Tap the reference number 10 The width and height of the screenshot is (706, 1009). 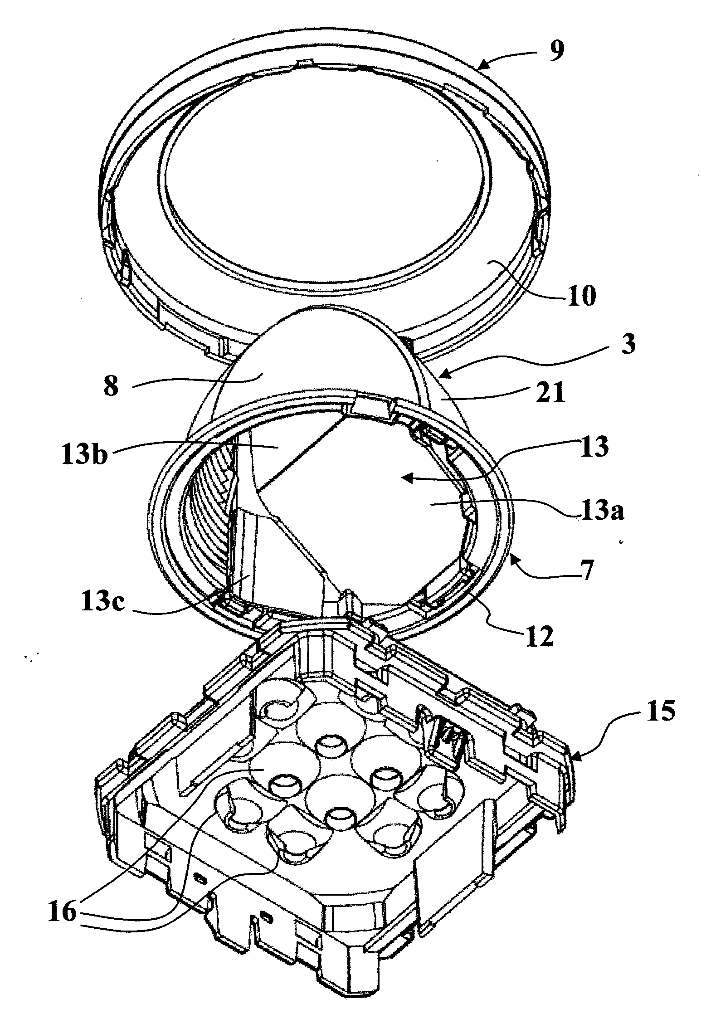coord(579,297)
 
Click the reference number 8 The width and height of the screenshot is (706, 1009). coord(111,387)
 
